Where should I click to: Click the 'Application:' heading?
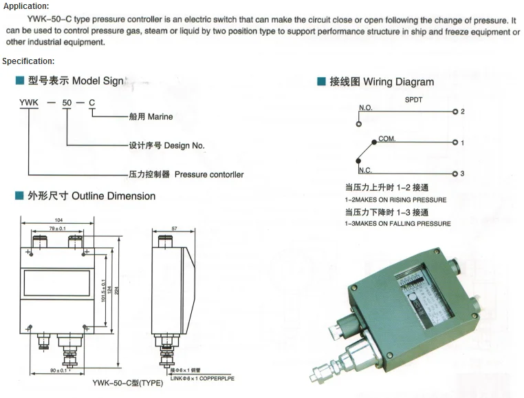[x=25, y=6]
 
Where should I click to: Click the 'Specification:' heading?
[x=28, y=61]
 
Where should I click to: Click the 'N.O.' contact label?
[x=365, y=108]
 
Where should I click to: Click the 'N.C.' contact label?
[x=365, y=170]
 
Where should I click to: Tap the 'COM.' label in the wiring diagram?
[x=387, y=139]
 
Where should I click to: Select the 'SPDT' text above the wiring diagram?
[x=413, y=98]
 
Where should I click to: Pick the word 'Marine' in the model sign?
[x=160, y=116]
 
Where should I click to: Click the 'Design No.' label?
[x=184, y=145]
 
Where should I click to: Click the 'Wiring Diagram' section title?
[x=398, y=82]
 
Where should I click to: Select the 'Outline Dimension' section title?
[x=113, y=196]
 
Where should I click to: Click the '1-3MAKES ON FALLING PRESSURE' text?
[x=397, y=224]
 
